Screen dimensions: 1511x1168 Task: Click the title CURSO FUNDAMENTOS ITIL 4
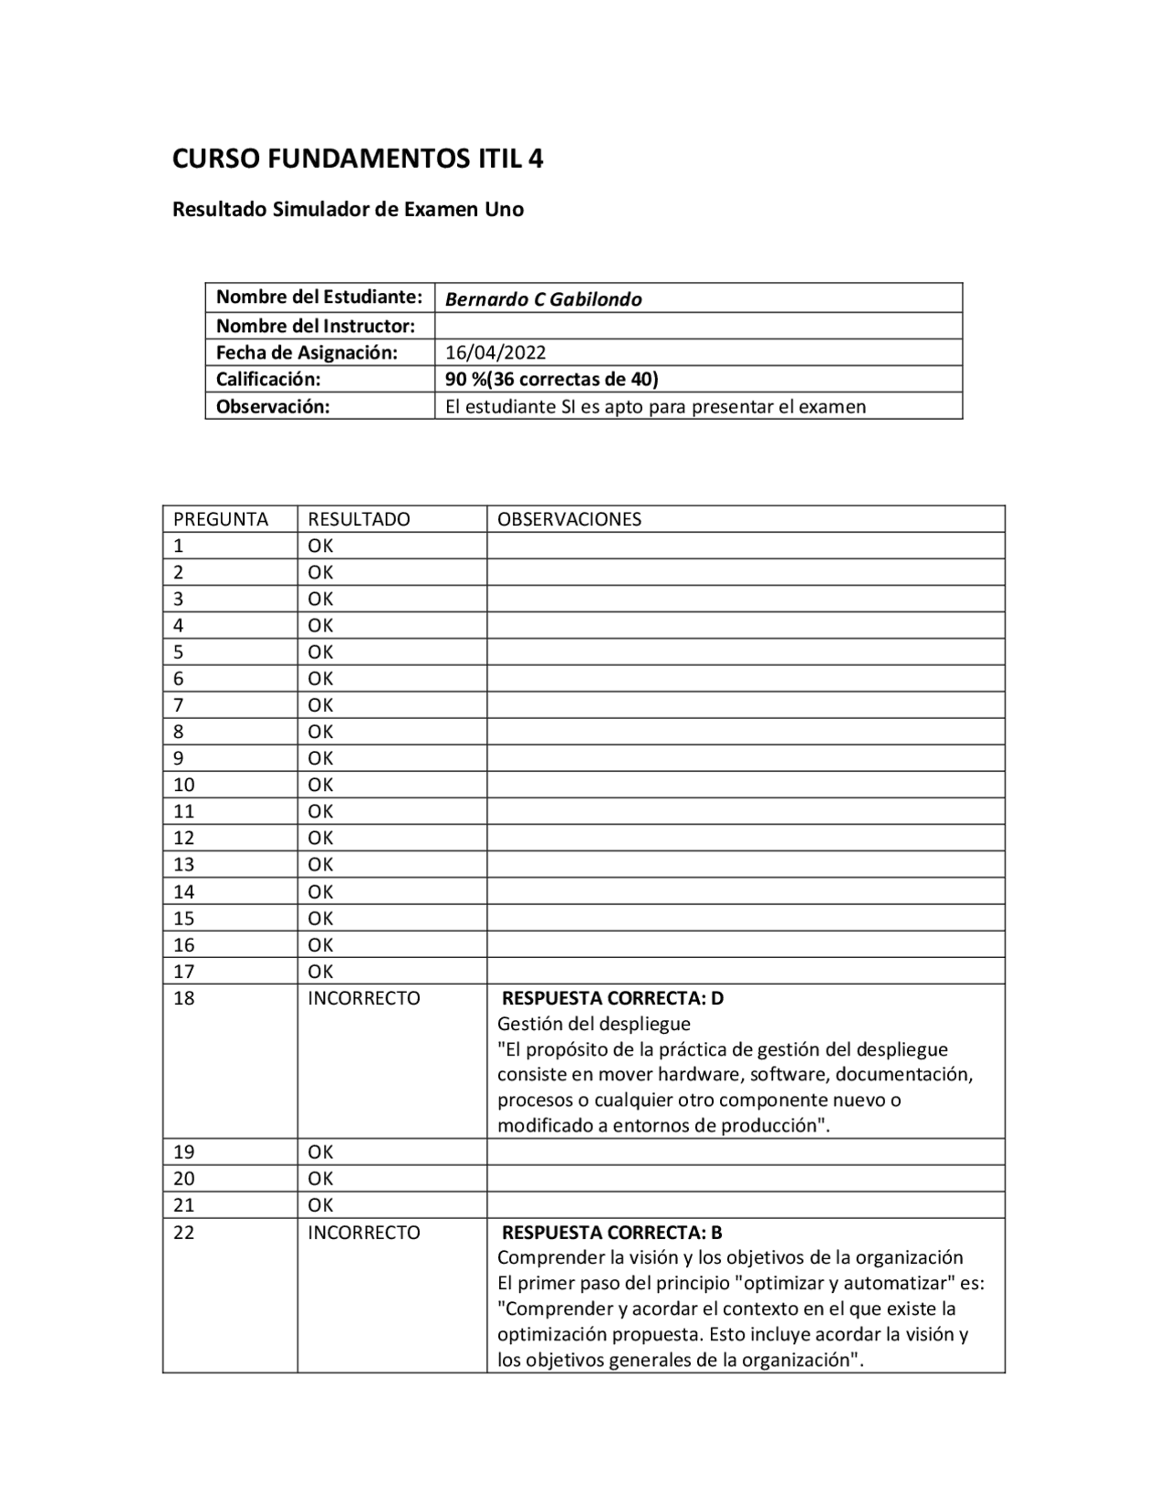[x=358, y=159]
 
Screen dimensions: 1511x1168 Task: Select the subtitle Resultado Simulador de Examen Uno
[x=348, y=209]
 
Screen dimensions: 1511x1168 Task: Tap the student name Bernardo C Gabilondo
[x=543, y=299]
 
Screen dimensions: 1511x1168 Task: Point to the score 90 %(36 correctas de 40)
[x=551, y=379]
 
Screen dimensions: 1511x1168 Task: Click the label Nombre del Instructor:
[x=315, y=326]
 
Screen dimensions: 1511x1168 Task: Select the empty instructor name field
[x=697, y=326]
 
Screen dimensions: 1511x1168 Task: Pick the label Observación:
[x=272, y=406]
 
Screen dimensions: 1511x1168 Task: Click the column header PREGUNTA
[x=220, y=519]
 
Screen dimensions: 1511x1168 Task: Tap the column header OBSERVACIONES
[x=568, y=519]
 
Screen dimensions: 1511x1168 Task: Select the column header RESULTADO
[x=359, y=519]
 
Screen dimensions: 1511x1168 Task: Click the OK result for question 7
[x=320, y=704]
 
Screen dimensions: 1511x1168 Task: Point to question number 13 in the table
[x=183, y=864]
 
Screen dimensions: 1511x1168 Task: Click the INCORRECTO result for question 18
[x=363, y=998]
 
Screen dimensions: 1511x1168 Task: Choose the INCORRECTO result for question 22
[x=363, y=1233]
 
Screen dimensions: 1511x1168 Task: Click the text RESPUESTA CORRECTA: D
[x=612, y=998]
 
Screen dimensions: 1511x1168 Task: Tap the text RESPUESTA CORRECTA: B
[x=611, y=1233]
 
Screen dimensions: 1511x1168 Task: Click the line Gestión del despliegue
[x=593, y=1024]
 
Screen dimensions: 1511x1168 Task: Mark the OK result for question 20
[x=320, y=1178]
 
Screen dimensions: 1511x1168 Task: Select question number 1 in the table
[x=178, y=546]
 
